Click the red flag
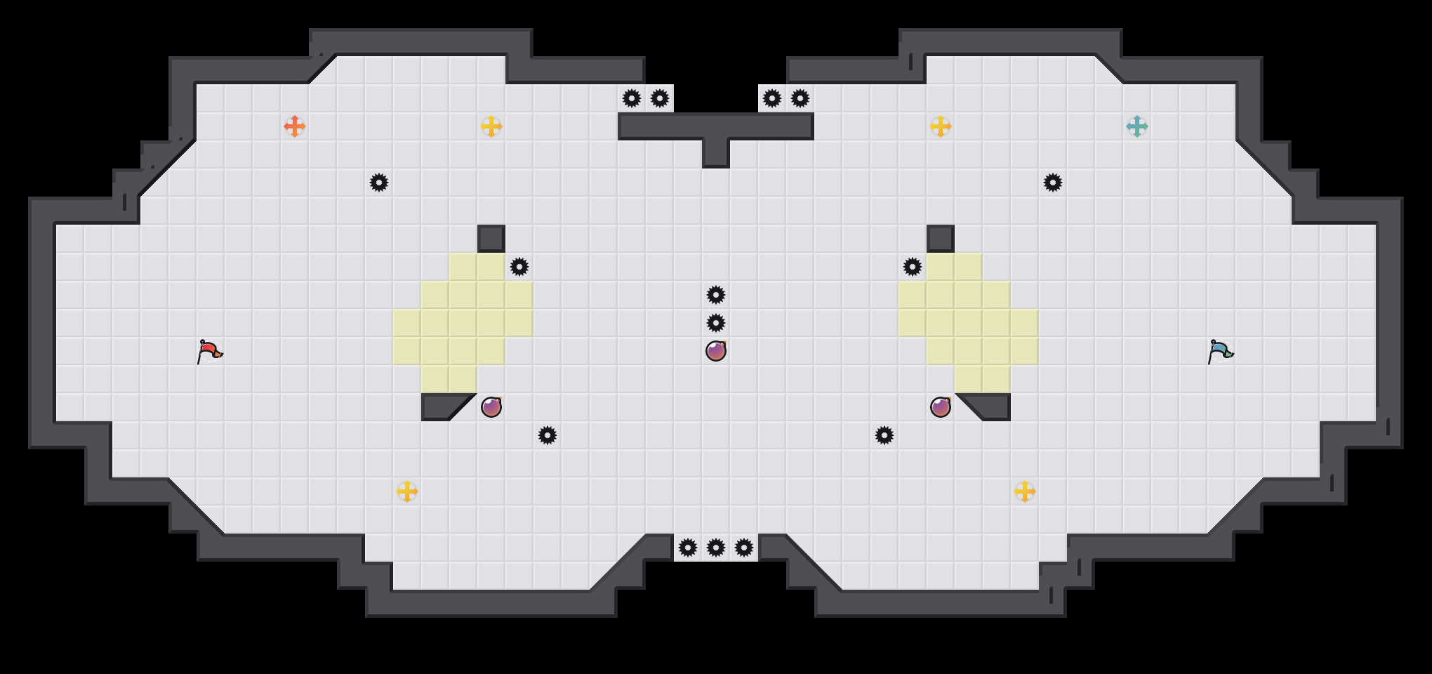pos(209,351)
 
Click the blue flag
pos(1220,351)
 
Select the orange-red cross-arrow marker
pos(295,126)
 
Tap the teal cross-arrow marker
pos(1137,126)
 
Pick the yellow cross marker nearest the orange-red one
pos(491,126)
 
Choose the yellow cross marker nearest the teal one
pos(941,126)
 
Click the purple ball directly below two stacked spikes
pos(716,351)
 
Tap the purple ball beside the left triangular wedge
pos(491,407)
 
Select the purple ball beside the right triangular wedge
pos(941,407)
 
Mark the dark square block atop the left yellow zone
pos(491,239)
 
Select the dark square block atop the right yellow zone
pos(941,239)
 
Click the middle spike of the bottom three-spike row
pos(716,548)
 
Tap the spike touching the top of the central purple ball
pos(716,323)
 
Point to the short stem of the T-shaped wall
pos(716,153)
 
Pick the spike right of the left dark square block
pos(519,267)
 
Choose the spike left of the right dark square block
pos(913,267)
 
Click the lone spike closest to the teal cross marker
pos(1053,183)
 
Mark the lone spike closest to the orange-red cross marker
pos(379,183)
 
